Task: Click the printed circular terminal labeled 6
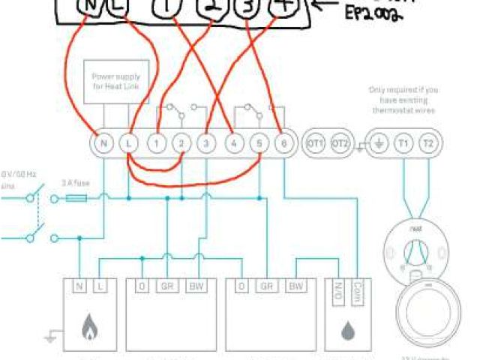click(x=283, y=142)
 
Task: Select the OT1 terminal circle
click(x=316, y=142)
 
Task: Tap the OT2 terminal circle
click(x=340, y=142)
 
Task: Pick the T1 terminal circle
click(x=403, y=142)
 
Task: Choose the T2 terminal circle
click(x=427, y=142)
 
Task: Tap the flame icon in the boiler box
click(x=89, y=327)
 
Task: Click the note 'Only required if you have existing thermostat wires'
click(x=403, y=100)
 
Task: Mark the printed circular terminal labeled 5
click(x=258, y=142)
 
